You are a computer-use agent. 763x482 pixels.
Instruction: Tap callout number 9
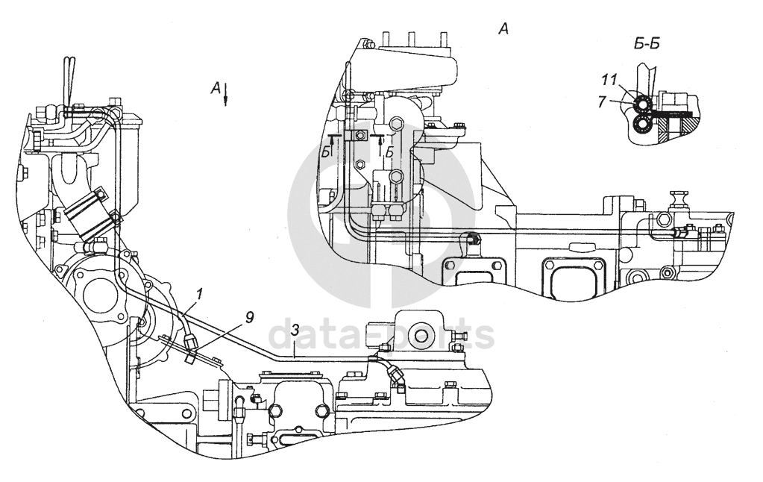click(249, 317)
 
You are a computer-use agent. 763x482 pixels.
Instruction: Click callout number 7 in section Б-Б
click(603, 100)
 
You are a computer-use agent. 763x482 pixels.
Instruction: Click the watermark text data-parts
click(380, 336)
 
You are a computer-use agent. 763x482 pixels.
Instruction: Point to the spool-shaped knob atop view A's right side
click(679, 198)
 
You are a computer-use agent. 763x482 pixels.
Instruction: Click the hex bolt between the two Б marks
click(359, 134)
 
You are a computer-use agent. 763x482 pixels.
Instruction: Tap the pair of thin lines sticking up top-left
click(68, 75)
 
